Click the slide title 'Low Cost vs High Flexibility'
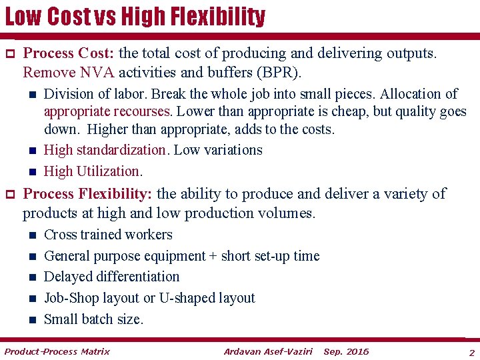click(135, 17)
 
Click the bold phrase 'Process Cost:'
click(69, 53)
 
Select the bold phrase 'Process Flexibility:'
click(87, 194)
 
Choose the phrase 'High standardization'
click(105, 150)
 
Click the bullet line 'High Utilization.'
click(93, 171)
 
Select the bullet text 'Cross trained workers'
click(108, 235)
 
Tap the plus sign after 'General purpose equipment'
click(213, 256)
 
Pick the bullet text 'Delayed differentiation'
click(111, 277)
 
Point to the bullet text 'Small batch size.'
click(93, 319)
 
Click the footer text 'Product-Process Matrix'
click(57, 351)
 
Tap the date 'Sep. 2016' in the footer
click(345, 351)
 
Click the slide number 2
click(471, 352)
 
